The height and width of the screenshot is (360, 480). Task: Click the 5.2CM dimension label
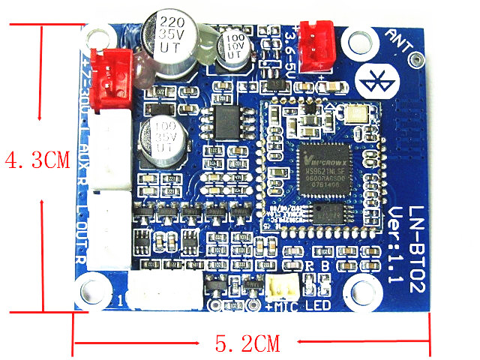click(247, 344)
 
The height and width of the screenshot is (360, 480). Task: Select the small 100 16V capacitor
click(229, 44)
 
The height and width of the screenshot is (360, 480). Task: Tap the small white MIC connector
click(278, 287)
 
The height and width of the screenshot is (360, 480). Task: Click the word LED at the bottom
click(318, 307)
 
